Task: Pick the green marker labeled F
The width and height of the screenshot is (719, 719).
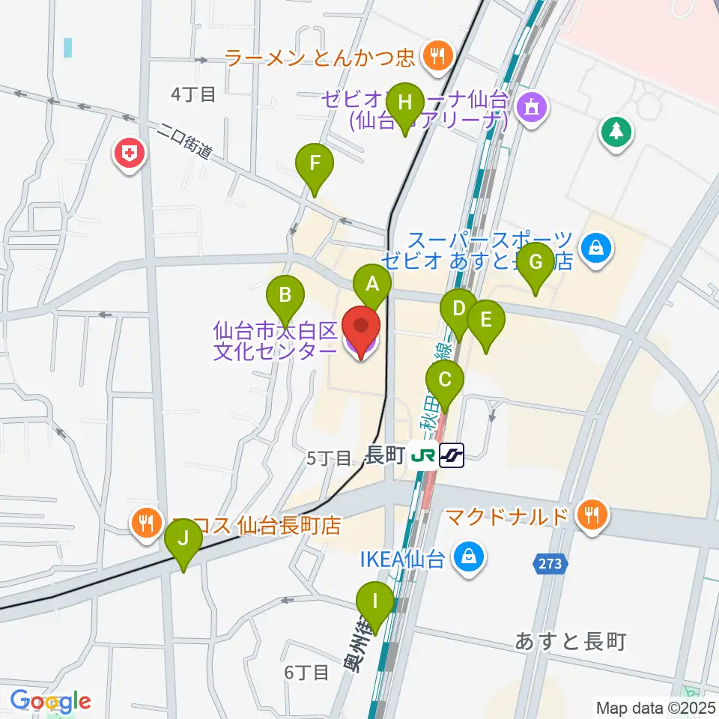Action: point(314,163)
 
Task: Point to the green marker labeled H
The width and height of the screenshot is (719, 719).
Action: point(405,101)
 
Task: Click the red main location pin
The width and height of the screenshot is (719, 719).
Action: point(361,327)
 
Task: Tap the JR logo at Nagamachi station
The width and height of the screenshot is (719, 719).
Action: point(425,454)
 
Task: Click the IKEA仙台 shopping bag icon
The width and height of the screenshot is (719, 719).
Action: point(469,557)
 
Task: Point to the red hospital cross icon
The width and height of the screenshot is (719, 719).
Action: point(130,154)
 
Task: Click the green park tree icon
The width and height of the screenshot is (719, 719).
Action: point(616,131)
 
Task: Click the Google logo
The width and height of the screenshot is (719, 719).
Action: point(49,701)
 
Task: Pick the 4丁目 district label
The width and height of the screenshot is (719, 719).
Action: point(193,94)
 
